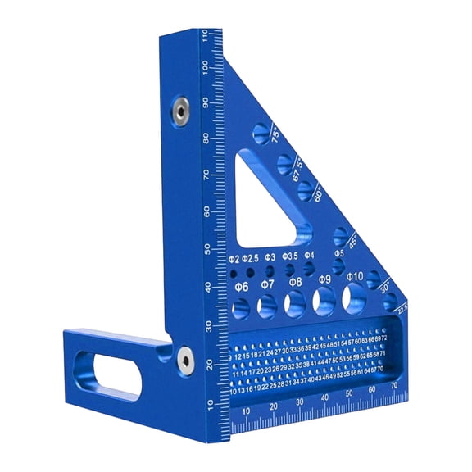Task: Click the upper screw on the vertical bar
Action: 178,107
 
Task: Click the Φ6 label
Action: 241,288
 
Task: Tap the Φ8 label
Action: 296,283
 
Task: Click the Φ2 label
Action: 233,260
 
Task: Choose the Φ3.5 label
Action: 290,256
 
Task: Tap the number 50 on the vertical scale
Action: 206,249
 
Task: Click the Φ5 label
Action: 338,254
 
